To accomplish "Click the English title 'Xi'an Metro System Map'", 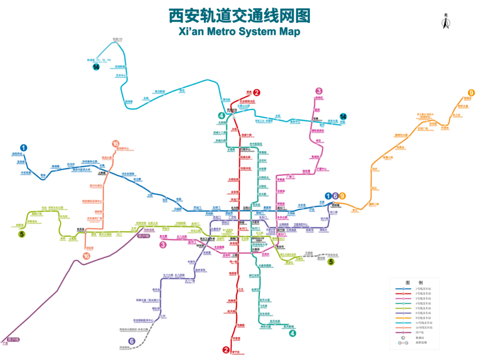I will click(239, 31).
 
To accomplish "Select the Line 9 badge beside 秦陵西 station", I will click(471, 93).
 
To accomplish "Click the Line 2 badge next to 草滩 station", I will click(256, 93).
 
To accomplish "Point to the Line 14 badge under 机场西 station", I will click(96, 67).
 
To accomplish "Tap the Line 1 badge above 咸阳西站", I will click(23, 147).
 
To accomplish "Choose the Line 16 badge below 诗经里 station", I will click(86, 256).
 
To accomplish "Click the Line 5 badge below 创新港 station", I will click(22, 233).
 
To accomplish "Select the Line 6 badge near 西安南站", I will click(132, 341).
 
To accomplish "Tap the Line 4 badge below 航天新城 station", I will click(292, 333).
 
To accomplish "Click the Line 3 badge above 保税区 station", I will click(319, 91).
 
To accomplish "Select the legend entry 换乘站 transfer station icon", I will click(403, 338).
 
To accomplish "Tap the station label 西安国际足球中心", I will click(93, 201).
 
